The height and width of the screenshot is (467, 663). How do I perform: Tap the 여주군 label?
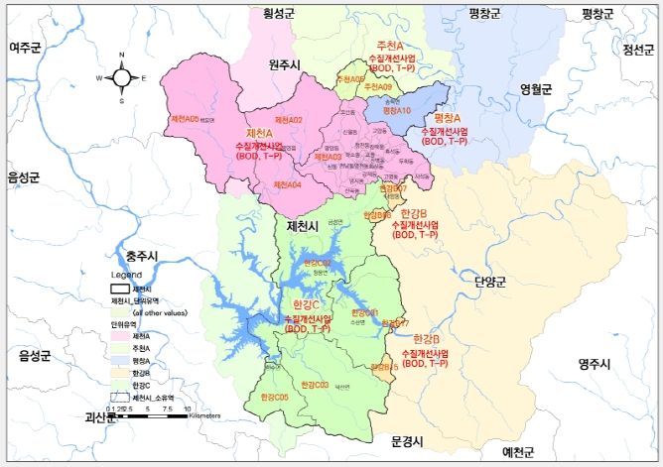click(x=29, y=47)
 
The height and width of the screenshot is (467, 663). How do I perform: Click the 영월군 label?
click(x=535, y=88)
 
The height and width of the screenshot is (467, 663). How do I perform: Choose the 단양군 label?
click(x=490, y=282)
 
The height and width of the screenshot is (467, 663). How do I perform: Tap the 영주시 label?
click(x=597, y=364)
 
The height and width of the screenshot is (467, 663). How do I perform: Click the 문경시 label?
click(x=407, y=440)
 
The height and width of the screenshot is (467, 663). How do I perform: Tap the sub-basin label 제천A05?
click(x=186, y=119)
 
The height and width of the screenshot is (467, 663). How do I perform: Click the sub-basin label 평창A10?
click(x=396, y=111)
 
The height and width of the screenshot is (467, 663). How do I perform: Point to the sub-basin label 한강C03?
click(x=315, y=384)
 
